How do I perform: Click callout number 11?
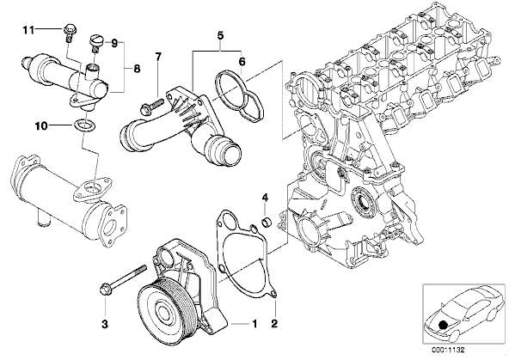click(28, 30)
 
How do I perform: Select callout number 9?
click(114, 44)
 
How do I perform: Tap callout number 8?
click(137, 69)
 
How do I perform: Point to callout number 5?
click(220, 36)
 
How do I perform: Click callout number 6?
click(242, 61)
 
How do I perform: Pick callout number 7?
click(157, 58)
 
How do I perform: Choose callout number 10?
click(41, 125)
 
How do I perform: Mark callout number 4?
click(265, 197)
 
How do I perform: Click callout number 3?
click(105, 324)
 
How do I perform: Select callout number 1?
click(254, 323)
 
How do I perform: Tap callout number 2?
click(274, 323)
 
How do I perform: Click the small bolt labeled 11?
click(69, 33)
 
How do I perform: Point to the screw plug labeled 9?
click(95, 43)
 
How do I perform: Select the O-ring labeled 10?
click(85, 125)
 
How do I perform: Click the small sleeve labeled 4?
click(267, 223)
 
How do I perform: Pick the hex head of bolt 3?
click(105, 288)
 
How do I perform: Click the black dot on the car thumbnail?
click(443, 326)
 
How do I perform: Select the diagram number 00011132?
click(448, 350)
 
